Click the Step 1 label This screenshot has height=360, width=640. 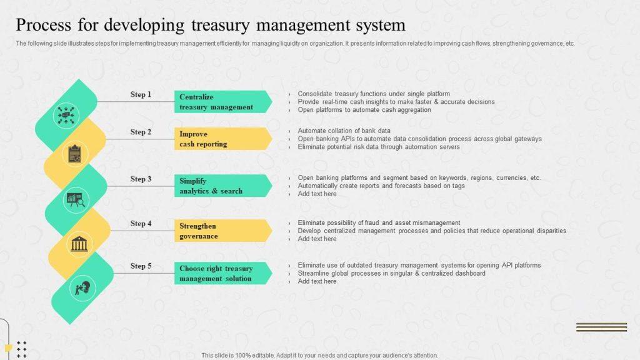(x=141, y=94)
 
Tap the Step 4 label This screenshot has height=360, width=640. (x=141, y=223)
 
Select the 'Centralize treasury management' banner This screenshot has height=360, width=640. (x=222, y=102)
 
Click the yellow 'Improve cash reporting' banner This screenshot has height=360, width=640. (x=222, y=139)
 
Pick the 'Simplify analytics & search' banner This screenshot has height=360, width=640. (x=222, y=186)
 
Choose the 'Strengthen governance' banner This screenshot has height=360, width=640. (x=222, y=231)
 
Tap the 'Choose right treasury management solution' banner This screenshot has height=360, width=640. (x=222, y=273)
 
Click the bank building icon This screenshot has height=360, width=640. (x=79, y=244)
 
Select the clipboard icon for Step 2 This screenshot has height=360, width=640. (x=74, y=154)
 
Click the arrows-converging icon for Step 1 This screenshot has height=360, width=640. (x=66, y=115)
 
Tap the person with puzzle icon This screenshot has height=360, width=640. (x=82, y=288)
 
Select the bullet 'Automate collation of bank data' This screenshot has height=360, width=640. (x=344, y=131)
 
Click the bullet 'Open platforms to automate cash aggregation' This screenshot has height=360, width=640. (x=364, y=109)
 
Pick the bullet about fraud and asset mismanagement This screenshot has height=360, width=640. (x=379, y=222)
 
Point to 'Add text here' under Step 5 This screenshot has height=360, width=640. (x=317, y=281)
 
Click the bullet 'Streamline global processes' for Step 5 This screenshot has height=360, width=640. (x=391, y=273)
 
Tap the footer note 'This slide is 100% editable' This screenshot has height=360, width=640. (x=319, y=355)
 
